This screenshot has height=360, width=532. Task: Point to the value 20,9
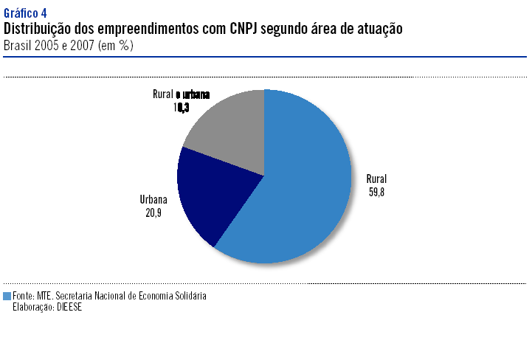pyautogui.click(x=153, y=212)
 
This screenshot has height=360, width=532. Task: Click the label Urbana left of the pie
pyautogui.click(x=153, y=200)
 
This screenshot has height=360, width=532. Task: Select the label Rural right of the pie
pyautogui.click(x=376, y=179)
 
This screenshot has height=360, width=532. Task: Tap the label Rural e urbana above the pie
pyautogui.click(x=181, y=94)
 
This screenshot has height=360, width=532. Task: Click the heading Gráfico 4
pyautogui.click(x=25, y=13)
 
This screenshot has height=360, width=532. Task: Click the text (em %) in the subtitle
pyautogui.click(x=119, y=45)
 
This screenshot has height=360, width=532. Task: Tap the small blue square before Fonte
pyautogui.click(x=7, y=296)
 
